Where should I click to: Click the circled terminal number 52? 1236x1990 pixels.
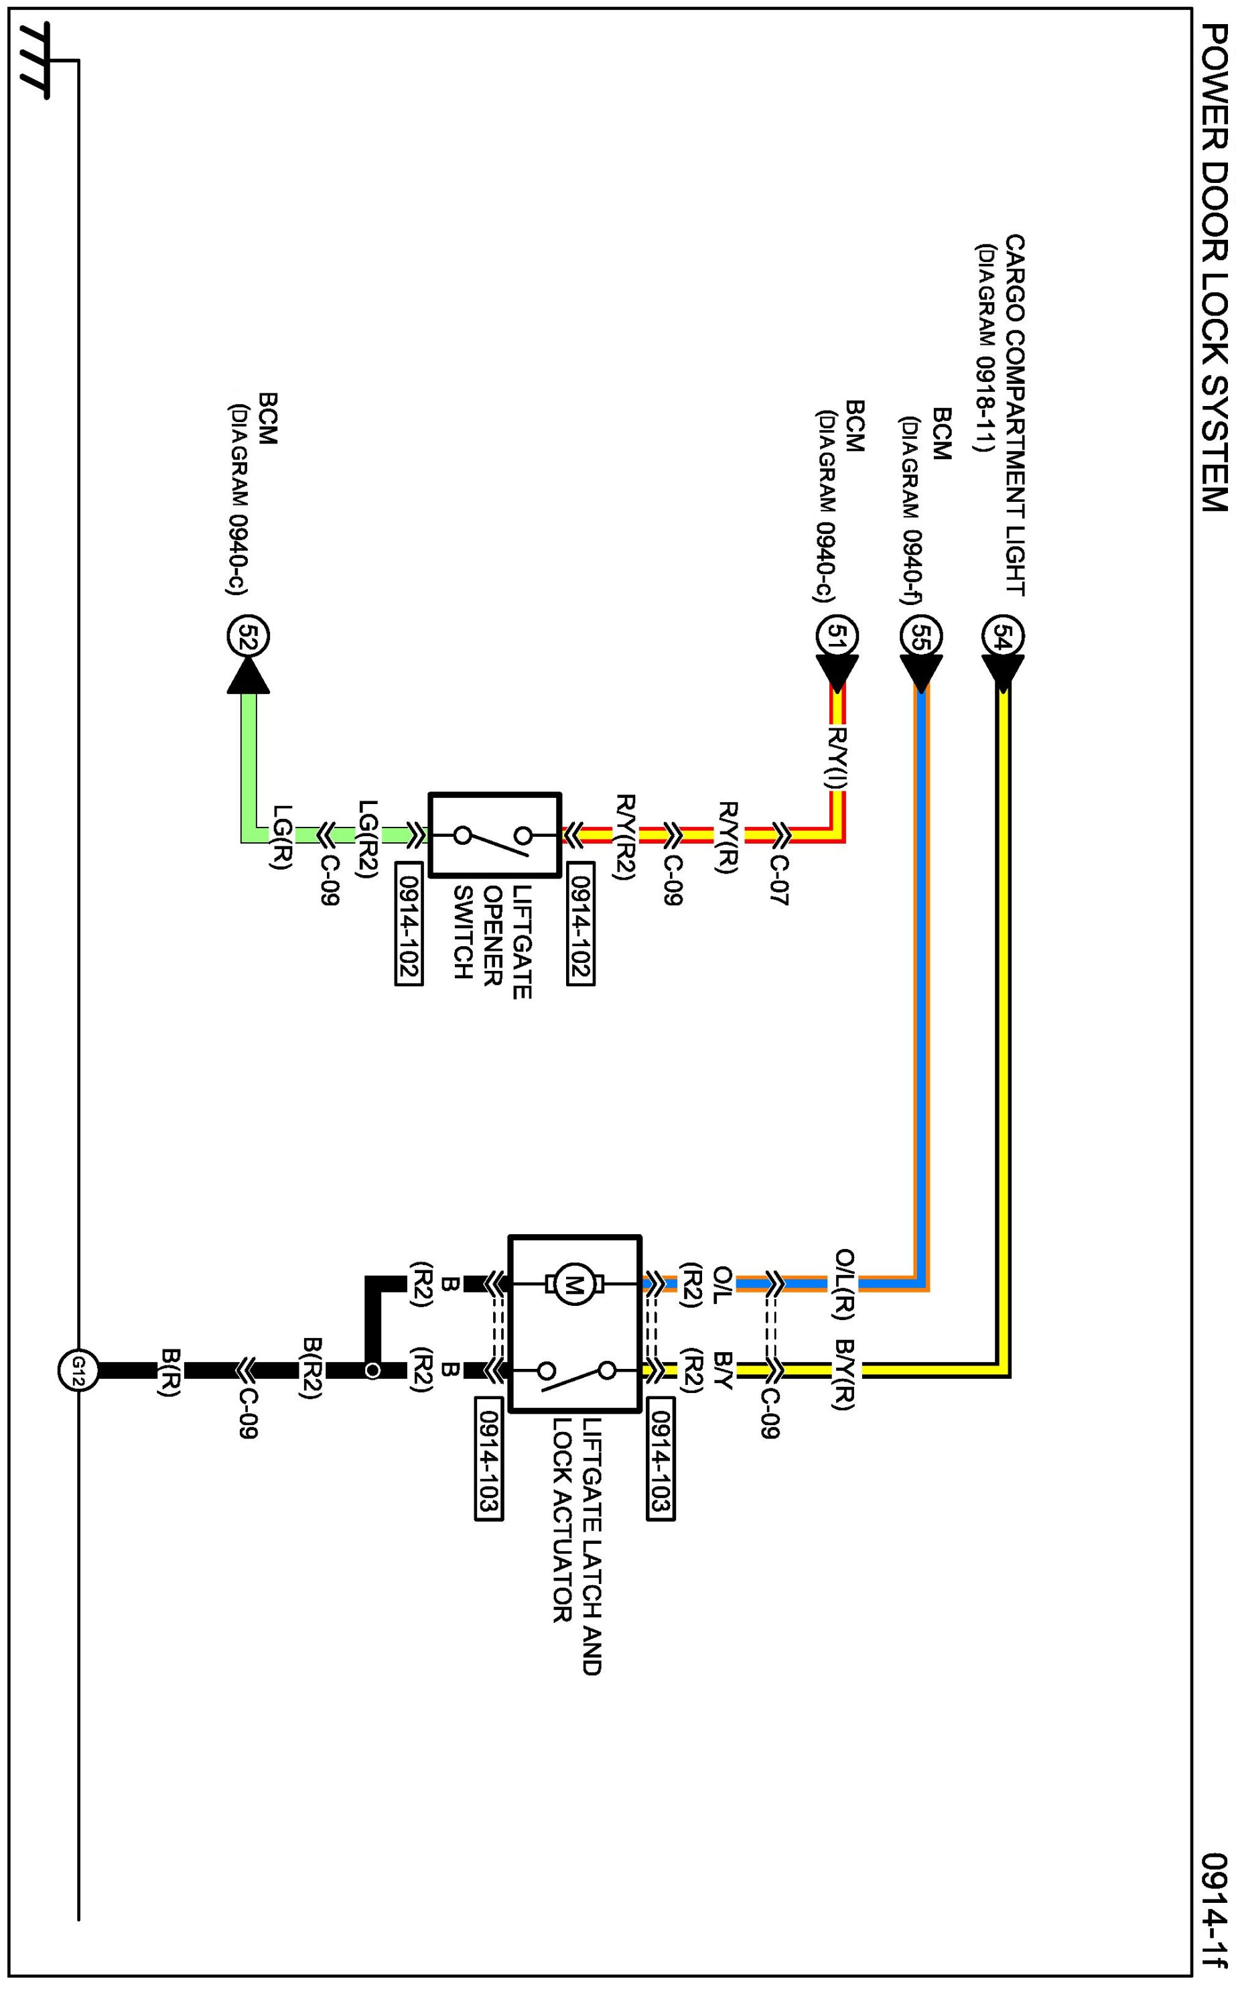[248, 636]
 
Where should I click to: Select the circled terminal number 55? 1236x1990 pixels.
[921, 636]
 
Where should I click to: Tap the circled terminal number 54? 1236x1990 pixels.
[1003, 636]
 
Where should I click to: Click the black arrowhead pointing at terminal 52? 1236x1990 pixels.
[248, 675]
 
